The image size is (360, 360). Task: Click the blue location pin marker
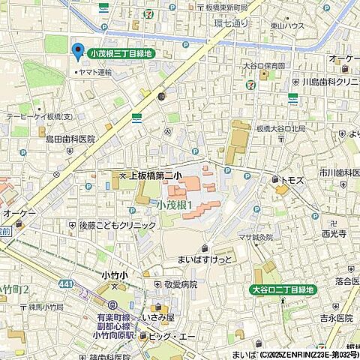point(76,52)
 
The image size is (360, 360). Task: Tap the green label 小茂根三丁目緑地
point(121,53)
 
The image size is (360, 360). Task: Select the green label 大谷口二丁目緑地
point(283,289)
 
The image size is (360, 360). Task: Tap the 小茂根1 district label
point(175,204)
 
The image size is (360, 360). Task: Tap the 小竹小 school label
point(113,275)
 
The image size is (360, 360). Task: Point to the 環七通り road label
point(231,23)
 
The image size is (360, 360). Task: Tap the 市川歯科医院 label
point(337,172)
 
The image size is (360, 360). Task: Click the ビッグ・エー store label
point(177,337)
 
